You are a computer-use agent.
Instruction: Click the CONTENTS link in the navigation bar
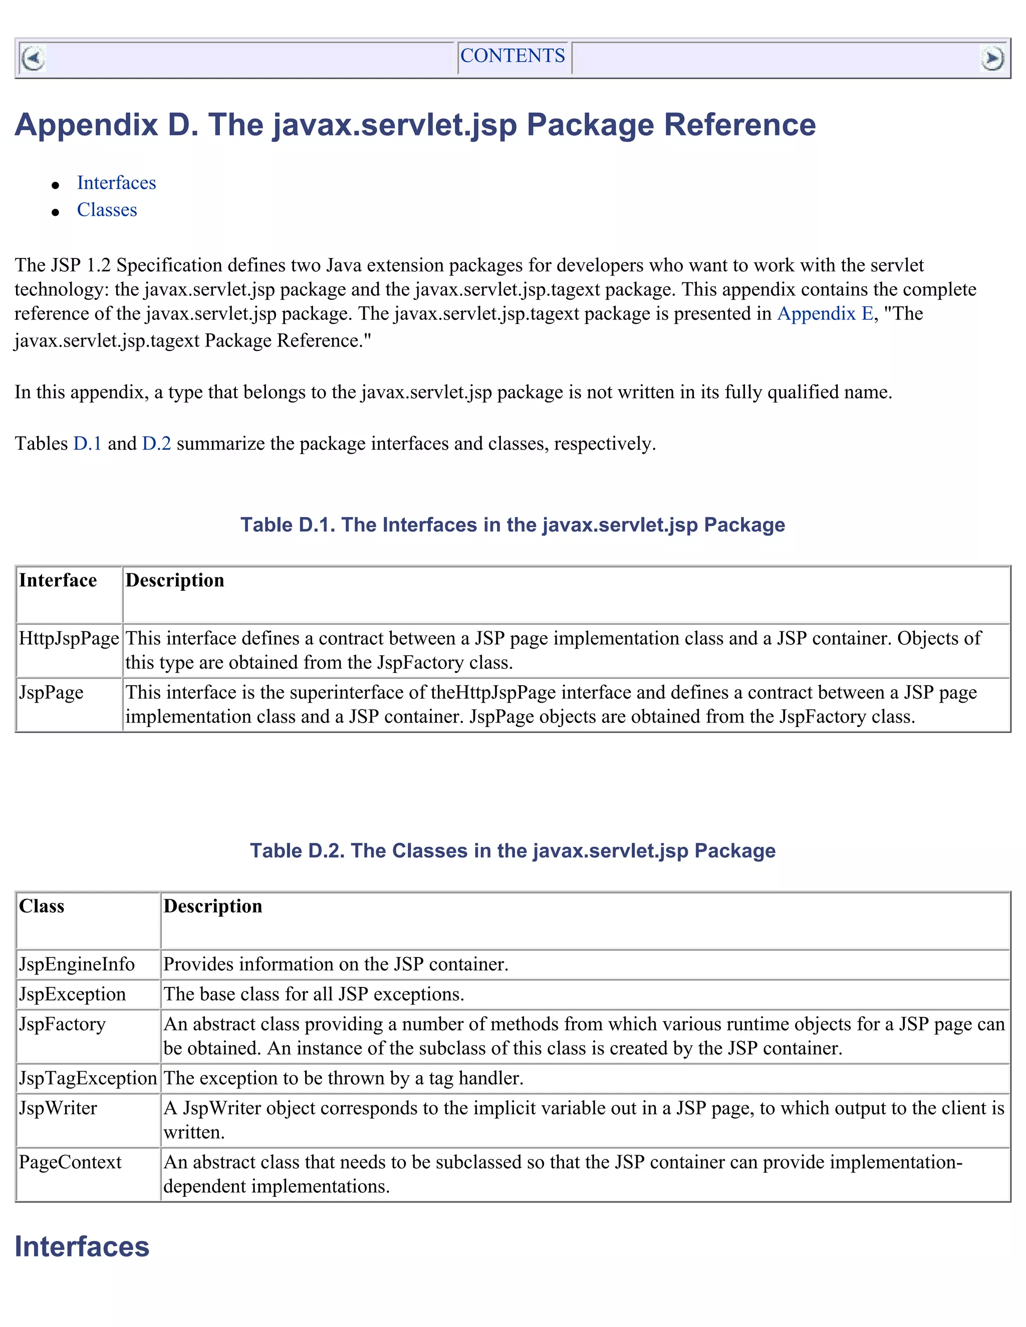(512, 56)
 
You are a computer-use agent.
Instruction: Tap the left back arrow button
(33, 59)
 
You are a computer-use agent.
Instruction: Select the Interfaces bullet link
(116, 183)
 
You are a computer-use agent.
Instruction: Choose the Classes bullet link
(107, 210)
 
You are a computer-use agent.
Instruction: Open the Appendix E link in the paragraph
(825, 313)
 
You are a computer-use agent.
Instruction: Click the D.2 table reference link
(156, 444)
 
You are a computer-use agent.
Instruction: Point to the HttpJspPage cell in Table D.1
(69, 638)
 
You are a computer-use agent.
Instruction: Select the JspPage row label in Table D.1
(51, 693)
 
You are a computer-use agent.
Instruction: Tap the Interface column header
(58, 580)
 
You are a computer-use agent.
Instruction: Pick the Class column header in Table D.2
(42, 906)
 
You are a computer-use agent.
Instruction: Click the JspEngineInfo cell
(77, 964)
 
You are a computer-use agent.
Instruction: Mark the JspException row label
(72, 994)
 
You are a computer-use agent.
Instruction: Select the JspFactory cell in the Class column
(62, 1025)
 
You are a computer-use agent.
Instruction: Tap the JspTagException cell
(88, 1079)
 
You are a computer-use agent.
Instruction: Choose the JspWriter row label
(58, 1108)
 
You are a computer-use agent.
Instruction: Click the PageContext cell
(70, 1162)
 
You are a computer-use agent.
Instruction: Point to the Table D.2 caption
(512, 851)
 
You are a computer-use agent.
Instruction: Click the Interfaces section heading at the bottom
(82, 1247)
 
